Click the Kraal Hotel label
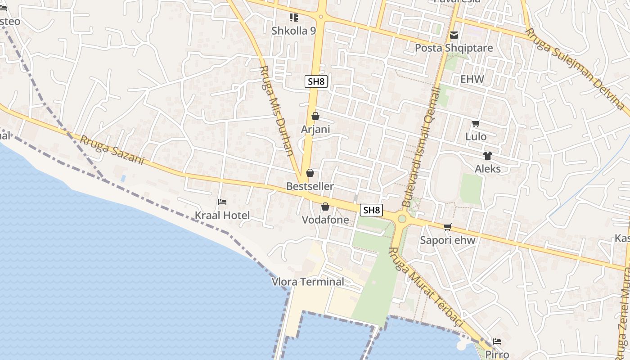tap(222, 216)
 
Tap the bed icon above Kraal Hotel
tap(222, 202)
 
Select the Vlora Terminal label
tap(308, 282)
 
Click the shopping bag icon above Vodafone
tap(325, 207)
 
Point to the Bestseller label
tap(310, 186)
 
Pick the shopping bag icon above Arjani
tap(315, 116)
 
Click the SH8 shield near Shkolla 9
tap(316, 81)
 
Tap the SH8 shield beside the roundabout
tap(372, 210)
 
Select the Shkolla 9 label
tap(293, 31)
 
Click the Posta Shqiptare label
tap(454, 48)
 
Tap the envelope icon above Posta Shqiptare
tap(454, 35)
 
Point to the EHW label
tap(472, 80)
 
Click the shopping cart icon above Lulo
tap(476, 123)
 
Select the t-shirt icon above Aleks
tap(488, 156)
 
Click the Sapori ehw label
tap(447, 240)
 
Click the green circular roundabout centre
tap(402, 219)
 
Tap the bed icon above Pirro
tap(497, 342)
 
